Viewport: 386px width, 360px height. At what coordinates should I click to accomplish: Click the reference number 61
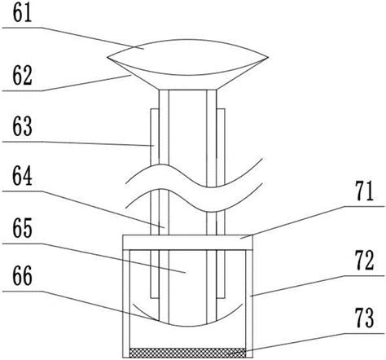(22, 13)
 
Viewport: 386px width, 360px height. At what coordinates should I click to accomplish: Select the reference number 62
(22, 76)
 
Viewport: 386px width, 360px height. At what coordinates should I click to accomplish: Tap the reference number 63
(22, 126)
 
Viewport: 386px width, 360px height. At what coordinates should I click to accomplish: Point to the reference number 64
(22, 176)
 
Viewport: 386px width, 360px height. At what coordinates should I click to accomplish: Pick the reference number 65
(22, 228)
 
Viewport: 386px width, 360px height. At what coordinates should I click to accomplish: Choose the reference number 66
(22, 276)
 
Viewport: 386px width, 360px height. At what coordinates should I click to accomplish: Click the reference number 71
(365, 191)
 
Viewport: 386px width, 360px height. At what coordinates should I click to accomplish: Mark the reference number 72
(365, 261)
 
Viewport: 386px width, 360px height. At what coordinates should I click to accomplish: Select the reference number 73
(365, 318)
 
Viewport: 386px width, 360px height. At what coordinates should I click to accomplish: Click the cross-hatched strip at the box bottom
(187, 353)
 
